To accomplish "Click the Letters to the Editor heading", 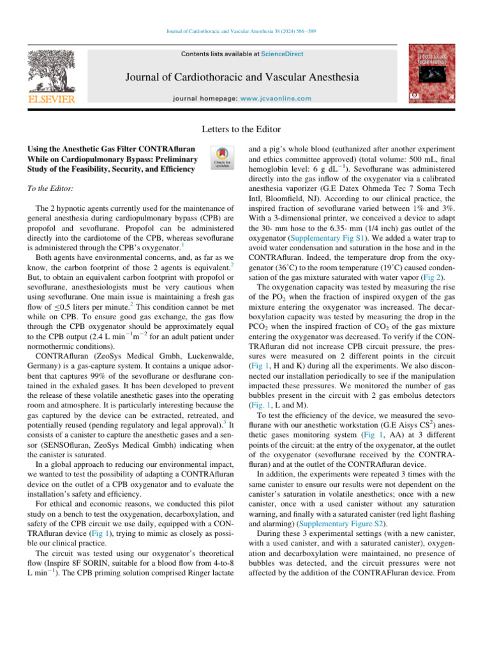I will click(244, 129).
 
